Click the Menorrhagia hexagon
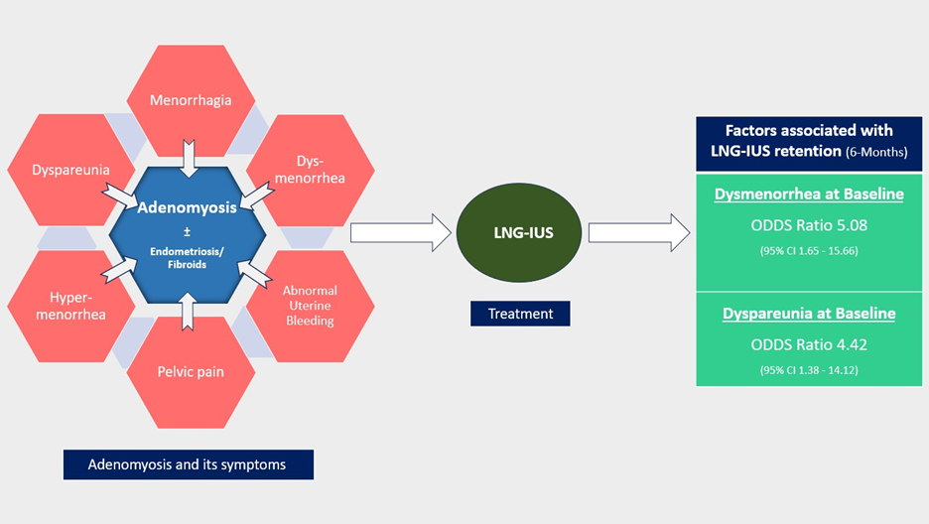(192, 99)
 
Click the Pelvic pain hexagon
(192, 372)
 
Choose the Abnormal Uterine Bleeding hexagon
(311, 305)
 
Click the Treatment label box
(520, 314)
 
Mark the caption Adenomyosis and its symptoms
(188, 464)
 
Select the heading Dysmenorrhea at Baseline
(809, 194)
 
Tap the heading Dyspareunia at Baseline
(809, 314)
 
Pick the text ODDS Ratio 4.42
(809, 344)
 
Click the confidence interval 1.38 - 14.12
(809, 370)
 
